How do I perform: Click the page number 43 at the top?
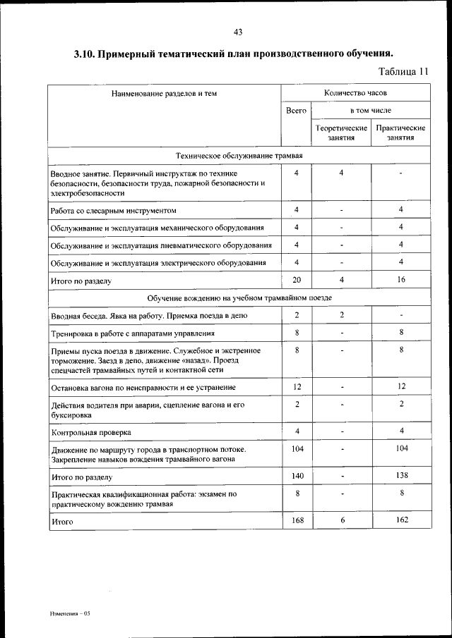(237, 32)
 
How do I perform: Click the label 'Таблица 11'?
(403, 71)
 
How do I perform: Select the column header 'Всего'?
(297, 111)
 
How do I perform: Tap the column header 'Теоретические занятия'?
(341, 133)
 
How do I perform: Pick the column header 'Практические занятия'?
(400, 133)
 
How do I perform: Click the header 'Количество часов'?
(355, 92)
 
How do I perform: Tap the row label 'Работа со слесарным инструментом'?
(113, 211)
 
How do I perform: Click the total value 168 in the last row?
(297, 520)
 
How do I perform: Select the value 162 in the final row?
(400, 520)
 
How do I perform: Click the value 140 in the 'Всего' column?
(297, 477)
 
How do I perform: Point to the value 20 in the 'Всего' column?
(297, 279)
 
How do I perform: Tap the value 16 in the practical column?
(400, 279)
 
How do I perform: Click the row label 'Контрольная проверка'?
(91, 432)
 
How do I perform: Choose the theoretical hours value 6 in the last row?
(341, 520)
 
